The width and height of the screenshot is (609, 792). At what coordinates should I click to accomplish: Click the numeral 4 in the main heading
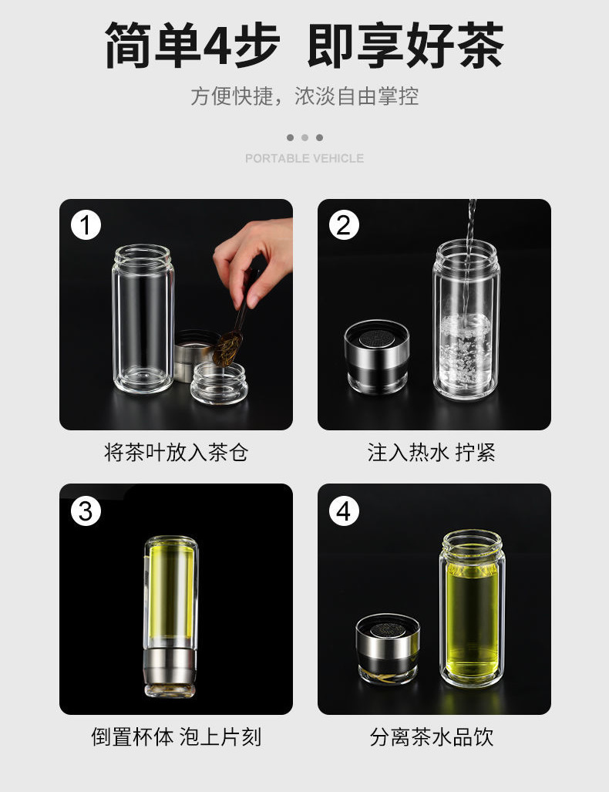pos(217,45)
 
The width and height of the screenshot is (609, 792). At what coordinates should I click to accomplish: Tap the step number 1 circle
pos(86,225)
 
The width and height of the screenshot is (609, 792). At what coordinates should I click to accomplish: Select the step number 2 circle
pos(344,225)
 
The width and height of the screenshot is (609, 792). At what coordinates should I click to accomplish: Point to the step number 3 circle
pos(86,511)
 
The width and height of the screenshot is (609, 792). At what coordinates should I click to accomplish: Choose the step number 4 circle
pos(344,511)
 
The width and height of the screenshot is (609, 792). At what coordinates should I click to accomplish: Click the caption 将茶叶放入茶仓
pos(177,452)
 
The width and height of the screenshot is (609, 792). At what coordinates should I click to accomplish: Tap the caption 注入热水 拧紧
pos(431,452)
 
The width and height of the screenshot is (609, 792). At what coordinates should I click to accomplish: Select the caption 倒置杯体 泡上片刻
pos(177,736)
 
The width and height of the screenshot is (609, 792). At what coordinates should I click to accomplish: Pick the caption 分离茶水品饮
pos(431,736)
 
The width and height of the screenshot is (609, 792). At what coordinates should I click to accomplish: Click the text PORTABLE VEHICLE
pos(304,158)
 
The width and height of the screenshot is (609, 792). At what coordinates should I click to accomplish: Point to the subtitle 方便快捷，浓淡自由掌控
pos(304,96)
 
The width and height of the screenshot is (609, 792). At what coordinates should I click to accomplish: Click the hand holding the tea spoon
pos(255,258)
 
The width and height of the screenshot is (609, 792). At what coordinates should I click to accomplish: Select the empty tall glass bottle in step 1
pos(143,319)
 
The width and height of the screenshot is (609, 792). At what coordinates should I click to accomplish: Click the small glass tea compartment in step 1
pos(219,383)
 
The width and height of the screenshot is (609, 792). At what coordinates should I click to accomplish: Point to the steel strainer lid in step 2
pos(377,356)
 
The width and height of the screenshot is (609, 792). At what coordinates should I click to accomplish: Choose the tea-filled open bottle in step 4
pos(472,608)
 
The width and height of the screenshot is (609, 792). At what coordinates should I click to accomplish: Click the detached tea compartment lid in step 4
pos(388,649)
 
